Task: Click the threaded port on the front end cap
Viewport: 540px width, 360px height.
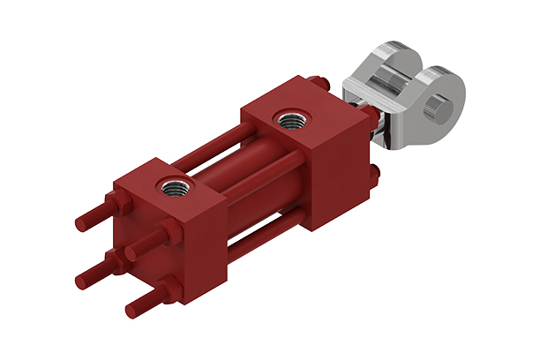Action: [x=289, y=117]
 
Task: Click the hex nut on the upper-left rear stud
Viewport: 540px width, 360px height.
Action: [x=118, y=205]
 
